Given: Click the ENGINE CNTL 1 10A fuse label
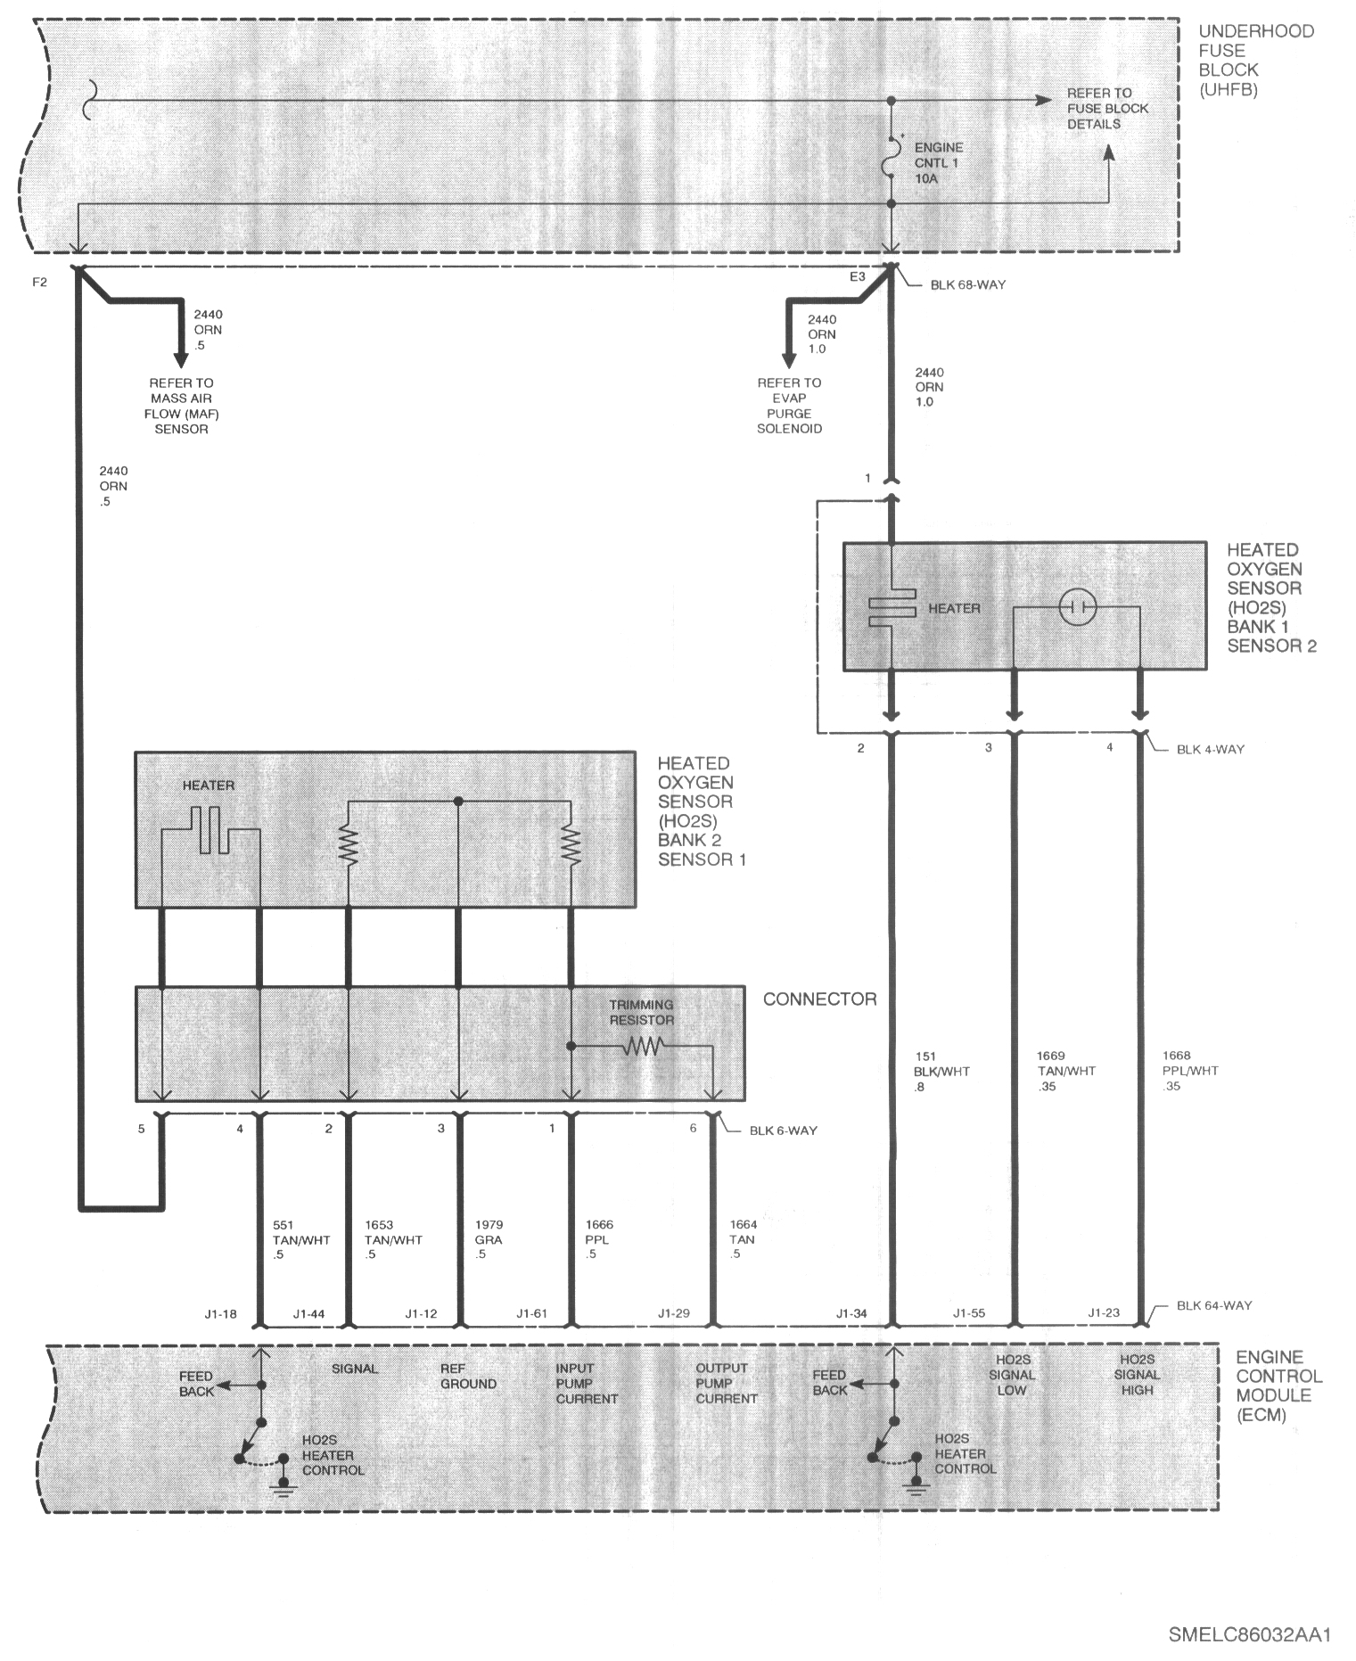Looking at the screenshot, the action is pyautogui.click(x=939, y=163).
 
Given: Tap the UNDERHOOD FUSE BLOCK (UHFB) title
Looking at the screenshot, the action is pyautogui.click(x=1255, y=60).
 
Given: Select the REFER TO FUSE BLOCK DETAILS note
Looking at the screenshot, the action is pyautogui.click(x=1107, y=108).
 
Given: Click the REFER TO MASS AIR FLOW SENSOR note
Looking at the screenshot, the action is pyautogui.click(x=181, y=406).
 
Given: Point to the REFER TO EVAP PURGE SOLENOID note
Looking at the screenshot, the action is pyautogui.click(x=789, y=406).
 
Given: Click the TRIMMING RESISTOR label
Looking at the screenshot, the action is pyautogui.click(x=641, y=1012).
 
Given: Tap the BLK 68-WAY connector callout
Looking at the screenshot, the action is pyautogui.click(x=967, y=284).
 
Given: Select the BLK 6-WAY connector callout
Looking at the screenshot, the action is pyautogui.click(x=783, y=1131).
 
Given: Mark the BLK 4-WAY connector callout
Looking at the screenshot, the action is pyautogui.click(x=1210, y=749).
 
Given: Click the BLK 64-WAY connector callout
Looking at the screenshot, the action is pyautogui.click(x=1214, y=1305).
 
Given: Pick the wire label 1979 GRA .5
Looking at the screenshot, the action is pyautogui.click(x=488, y=1239).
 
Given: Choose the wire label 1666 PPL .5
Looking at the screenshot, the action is pyautogui.click(x=598, y=1239).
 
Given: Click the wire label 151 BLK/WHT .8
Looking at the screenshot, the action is pyautogui.click(x=941, y=1072).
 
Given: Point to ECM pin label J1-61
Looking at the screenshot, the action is pyautogui.click(x=531, y=1313).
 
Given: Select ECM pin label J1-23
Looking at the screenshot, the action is pyautogui.click(x=1104, y=1312).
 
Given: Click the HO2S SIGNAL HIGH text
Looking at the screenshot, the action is pyautogui.click(x=1137, y=1375).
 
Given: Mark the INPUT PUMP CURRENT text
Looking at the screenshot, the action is pyautogui.click(x=587, y=1383).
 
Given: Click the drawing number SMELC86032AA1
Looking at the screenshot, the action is pyautogui.click(x=1249, y=1635).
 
